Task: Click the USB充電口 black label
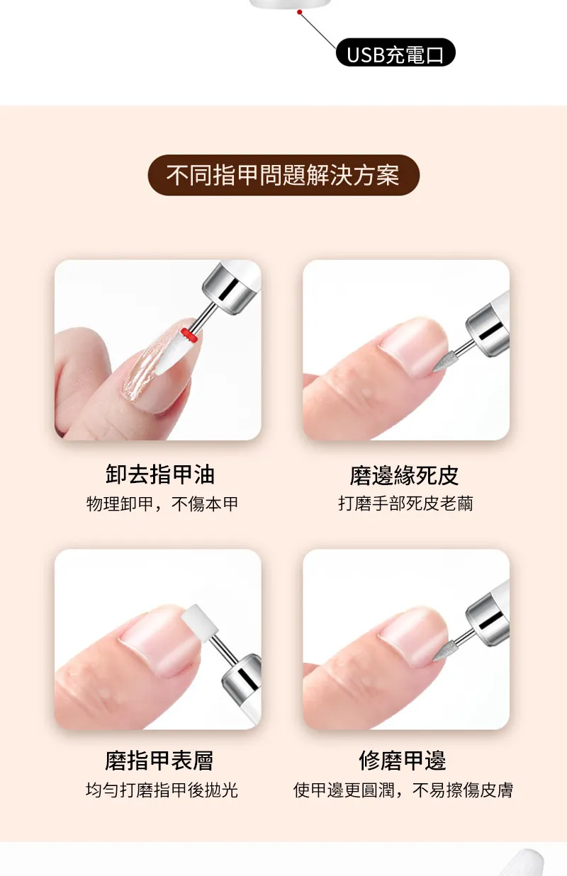[395, 52]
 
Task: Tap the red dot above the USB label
[299, 12]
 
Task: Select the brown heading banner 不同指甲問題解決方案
[283, 175]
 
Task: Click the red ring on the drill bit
[189, 335]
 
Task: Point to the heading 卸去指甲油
[160, 474]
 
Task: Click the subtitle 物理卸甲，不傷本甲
[162, 504]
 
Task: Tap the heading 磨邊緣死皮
[405, 476]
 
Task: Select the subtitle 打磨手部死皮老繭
[406, 504]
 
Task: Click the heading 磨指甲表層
[159, 761]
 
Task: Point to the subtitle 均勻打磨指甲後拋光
[162, 790]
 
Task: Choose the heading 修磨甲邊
[403, 761]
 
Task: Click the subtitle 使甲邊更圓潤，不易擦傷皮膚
[403, 790]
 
